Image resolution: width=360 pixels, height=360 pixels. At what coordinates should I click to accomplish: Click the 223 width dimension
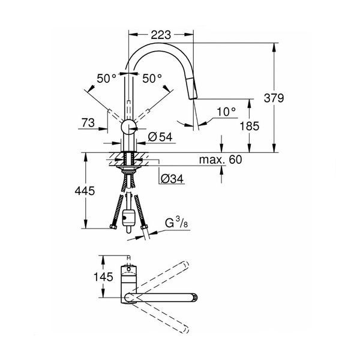pyautogui.click(x=161, y=35)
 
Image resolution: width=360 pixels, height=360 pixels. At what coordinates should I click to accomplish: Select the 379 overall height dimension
pyautogui.click(x=274, y=98)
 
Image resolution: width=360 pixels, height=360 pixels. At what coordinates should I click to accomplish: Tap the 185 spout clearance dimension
pyautogui.click(x=250, y=126)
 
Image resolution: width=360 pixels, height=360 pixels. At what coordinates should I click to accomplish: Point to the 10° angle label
pyautogui.click(x=226, y=112)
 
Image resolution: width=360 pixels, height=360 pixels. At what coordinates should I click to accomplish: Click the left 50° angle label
pyautogui.click(x=106, y=79)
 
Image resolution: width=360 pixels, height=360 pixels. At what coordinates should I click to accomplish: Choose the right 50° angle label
pyautogui.click(x=152, y=79)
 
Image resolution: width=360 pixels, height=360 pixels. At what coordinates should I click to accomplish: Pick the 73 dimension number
pyautogui.click(x=88, y=123)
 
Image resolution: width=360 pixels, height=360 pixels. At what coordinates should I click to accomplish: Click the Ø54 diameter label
pyautogui.click(x=160, y=137)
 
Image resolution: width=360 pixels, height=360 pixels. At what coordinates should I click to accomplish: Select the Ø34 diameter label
pyautogui.click(x=172, y=179)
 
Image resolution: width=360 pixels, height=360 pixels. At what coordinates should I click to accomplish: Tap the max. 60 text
pyautogui.click(x=220, y=160)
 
